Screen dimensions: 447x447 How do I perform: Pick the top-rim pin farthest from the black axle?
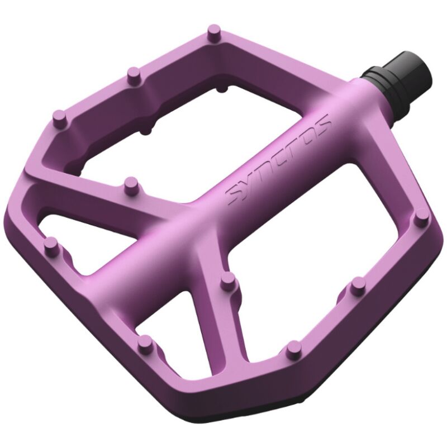[58, 117]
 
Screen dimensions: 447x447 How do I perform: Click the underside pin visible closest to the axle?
[222, 88]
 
